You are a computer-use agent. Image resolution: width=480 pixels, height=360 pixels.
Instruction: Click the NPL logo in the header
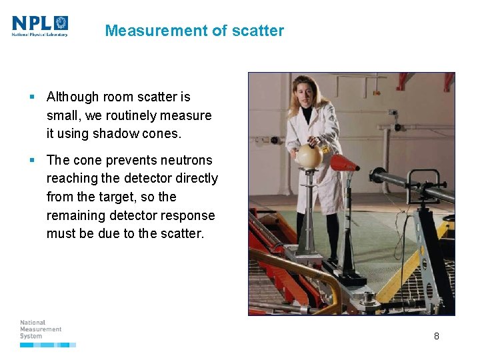(40, 26)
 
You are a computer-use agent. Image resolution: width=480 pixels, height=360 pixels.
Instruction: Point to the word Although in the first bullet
(73, 97)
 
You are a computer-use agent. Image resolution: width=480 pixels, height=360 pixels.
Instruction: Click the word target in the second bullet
(140, 197)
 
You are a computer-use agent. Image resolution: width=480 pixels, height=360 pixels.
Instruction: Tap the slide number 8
(437, 336)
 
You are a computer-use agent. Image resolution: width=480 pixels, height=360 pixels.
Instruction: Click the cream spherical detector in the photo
(309, 156)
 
